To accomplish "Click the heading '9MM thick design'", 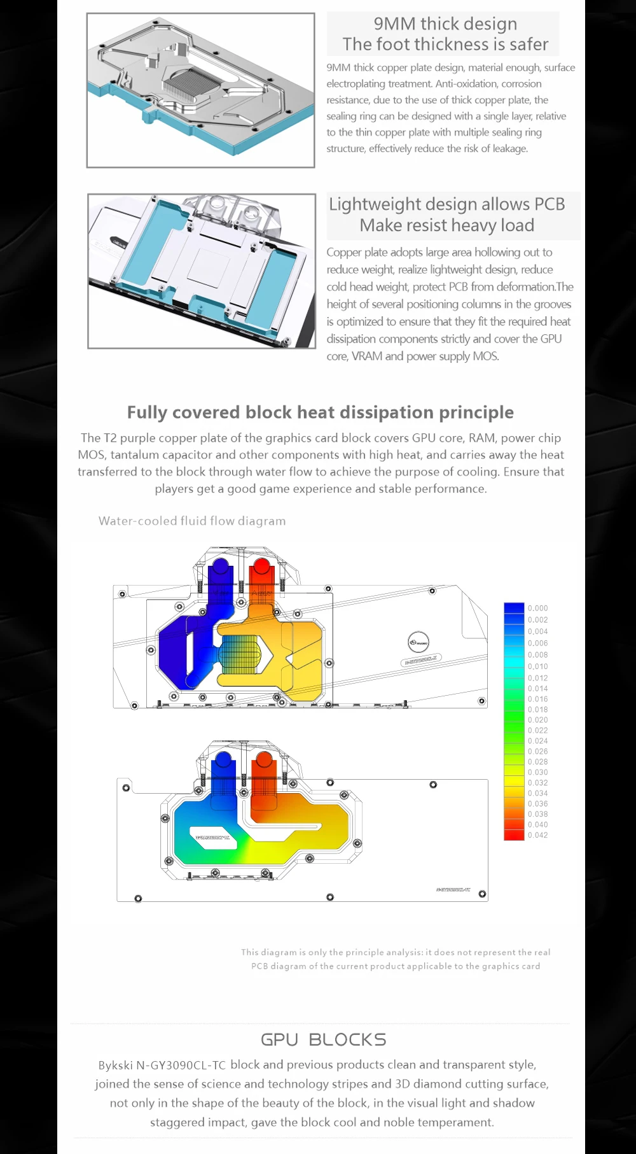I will [445, 24].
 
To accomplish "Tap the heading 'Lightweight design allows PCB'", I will [446, 204].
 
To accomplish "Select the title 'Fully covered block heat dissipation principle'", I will [320, 412].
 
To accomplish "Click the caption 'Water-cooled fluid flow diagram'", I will [192, 521].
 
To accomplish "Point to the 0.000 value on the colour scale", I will [537, 609].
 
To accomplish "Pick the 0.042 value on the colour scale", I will [537, 835].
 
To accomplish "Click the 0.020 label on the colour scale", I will [537, 720].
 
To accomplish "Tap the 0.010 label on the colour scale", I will [537, 666].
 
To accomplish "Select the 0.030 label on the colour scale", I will [537, 772].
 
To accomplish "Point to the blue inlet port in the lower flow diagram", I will [223, 761].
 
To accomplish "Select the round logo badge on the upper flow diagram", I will [418, 640].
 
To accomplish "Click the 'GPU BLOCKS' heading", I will [323, 1040].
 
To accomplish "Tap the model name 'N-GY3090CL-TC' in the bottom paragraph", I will [181, 1065].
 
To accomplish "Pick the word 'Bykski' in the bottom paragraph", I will [115, 1065].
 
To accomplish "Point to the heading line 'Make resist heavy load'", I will [446, 225].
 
